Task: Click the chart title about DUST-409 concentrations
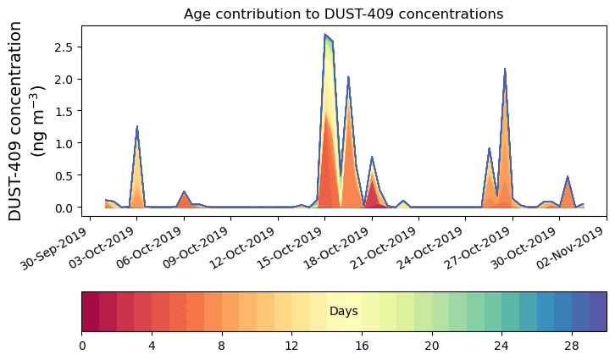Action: pos(343,14)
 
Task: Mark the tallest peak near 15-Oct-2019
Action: pos(325,35)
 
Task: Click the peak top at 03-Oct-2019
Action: pos(136,127)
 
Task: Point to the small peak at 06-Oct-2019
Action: pos(184,192)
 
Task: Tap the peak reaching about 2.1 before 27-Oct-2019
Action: pos(505,69)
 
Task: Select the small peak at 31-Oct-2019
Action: pos(568,177)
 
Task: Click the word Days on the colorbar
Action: pos(343,312)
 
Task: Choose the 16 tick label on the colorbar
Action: pos(362,346)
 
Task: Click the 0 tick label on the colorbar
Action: pos(82,346)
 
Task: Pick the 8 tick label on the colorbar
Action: pos(222,346)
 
